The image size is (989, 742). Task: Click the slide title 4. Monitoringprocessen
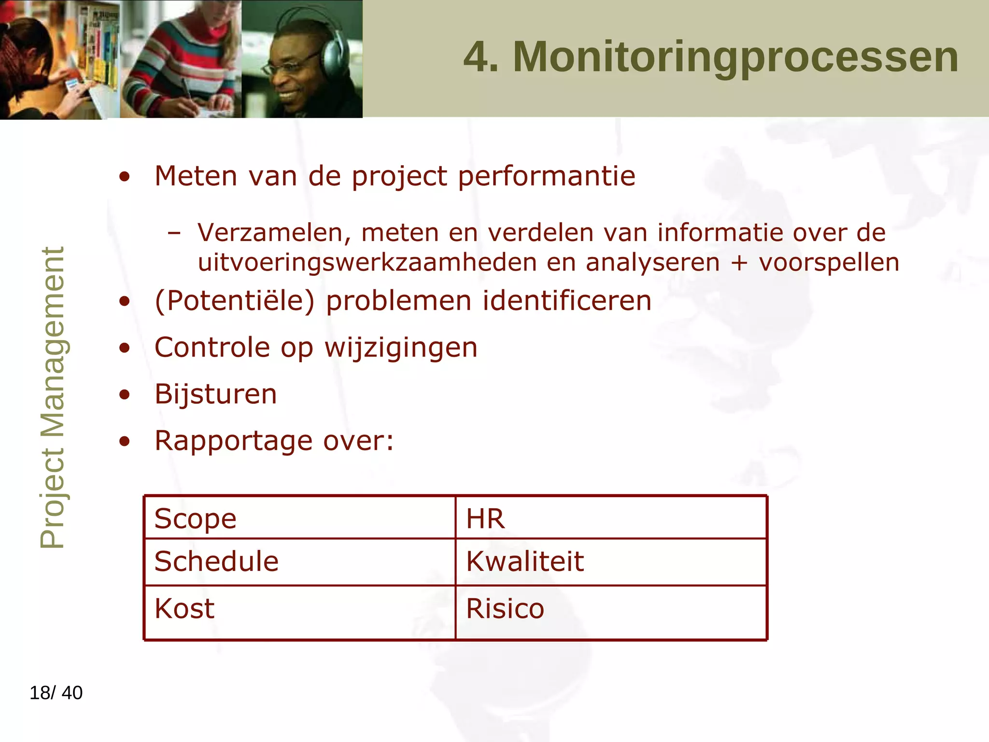pos(711,57)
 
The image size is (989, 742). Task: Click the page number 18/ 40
pos(56,693)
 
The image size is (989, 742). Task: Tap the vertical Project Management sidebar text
pos(52,397)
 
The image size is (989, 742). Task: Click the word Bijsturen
pos(216,394)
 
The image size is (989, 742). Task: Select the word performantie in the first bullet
pos(546,176)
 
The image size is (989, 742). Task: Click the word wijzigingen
pos(401,348)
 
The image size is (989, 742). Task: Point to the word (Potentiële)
pos(234,301)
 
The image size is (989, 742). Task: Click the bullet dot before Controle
pos(125,348)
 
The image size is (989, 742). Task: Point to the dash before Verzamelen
pos(174,233)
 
